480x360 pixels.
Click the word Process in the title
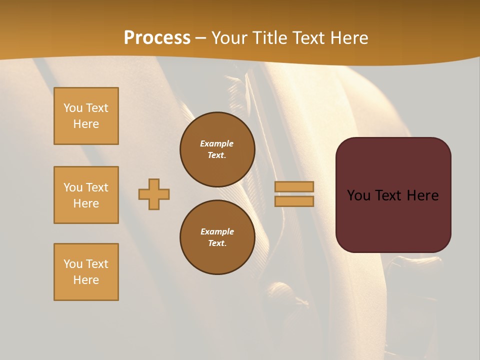[157, 38]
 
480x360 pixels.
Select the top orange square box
[86, 116]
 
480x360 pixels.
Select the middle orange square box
[86, 195]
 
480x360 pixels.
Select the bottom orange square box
[86, 272]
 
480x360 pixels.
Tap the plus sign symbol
[154, 194]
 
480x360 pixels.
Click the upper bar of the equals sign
[294, 186]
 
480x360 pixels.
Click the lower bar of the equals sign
[294, 201]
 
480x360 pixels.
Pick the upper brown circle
[217, 149]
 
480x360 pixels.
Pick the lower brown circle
[217, 237]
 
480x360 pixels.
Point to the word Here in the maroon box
[422, 195]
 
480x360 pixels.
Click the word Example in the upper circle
[217, 143]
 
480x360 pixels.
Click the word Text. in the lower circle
[217, 243]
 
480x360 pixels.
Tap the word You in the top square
[73, 108]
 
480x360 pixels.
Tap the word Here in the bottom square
[86, 280]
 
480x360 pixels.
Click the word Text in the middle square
[97, 187]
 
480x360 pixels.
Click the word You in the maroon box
[359, 195]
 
